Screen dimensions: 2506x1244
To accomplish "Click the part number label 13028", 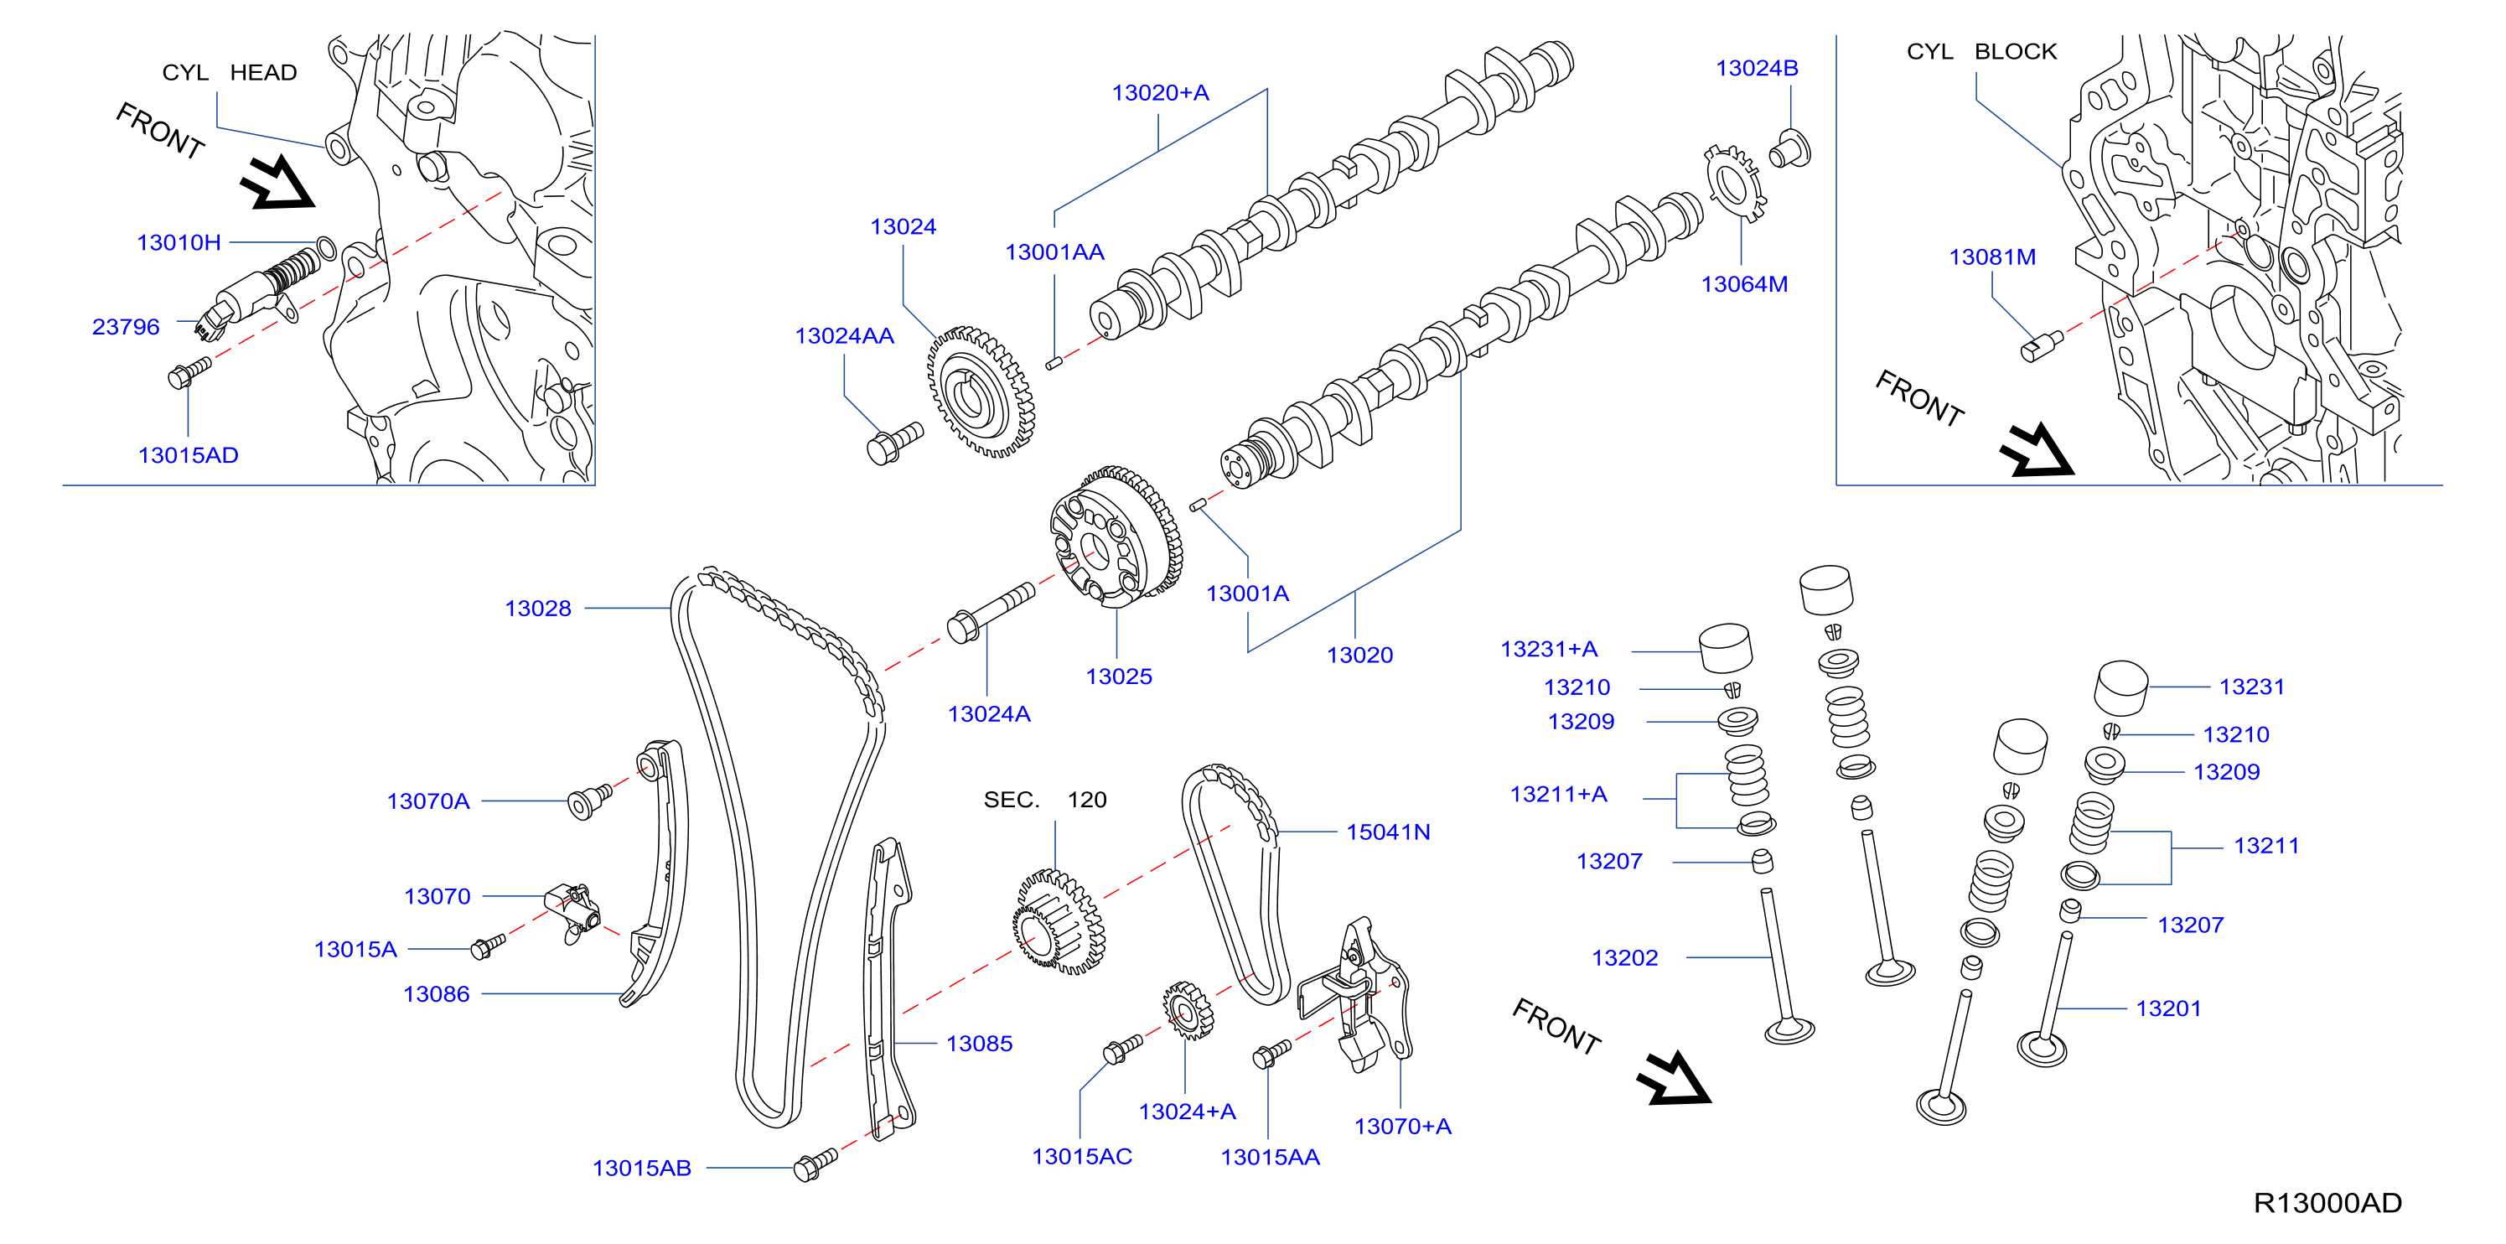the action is tap(538, 609).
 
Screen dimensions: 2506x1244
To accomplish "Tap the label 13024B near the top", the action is tap(1757, 68).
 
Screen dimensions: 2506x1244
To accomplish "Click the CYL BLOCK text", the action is tap(1981, 51).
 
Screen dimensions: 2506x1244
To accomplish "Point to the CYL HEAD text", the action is tap(230, 73).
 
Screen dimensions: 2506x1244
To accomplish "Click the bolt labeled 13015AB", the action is tap(815, 1164).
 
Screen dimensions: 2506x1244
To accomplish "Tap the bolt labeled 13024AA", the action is tap(894, 443).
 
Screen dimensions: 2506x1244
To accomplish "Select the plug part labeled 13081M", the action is tap(2041, 346).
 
